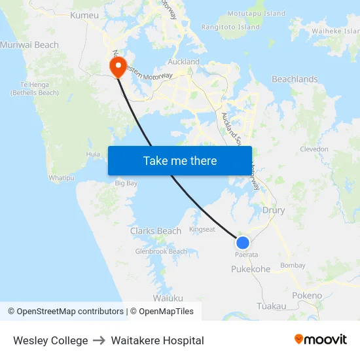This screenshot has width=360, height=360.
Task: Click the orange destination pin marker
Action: pos(118,66)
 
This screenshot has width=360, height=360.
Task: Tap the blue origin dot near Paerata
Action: pos(243,243)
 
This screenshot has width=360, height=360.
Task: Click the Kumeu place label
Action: pos(84,15)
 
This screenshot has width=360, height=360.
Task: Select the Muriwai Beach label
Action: pos(29,45)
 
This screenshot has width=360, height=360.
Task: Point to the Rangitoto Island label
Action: pos(230,27)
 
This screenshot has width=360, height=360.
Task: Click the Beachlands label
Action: pos(295,79)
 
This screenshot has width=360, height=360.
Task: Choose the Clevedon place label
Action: pos(314,149)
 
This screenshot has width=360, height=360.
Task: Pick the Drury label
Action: pos(274,211)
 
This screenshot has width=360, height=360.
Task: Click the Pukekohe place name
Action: pos(251,269)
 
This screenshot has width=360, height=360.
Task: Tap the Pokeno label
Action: pos(307,295)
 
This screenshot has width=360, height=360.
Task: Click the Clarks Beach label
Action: pos(156,231)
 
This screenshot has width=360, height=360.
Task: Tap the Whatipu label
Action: pos(62,177)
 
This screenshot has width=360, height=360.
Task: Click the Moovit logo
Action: pos(321,339)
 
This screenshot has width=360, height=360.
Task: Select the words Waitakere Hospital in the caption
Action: pos(157,340)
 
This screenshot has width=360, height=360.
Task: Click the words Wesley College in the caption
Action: pos(50,340)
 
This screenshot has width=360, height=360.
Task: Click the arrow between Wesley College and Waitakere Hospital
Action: pos(99,340)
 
